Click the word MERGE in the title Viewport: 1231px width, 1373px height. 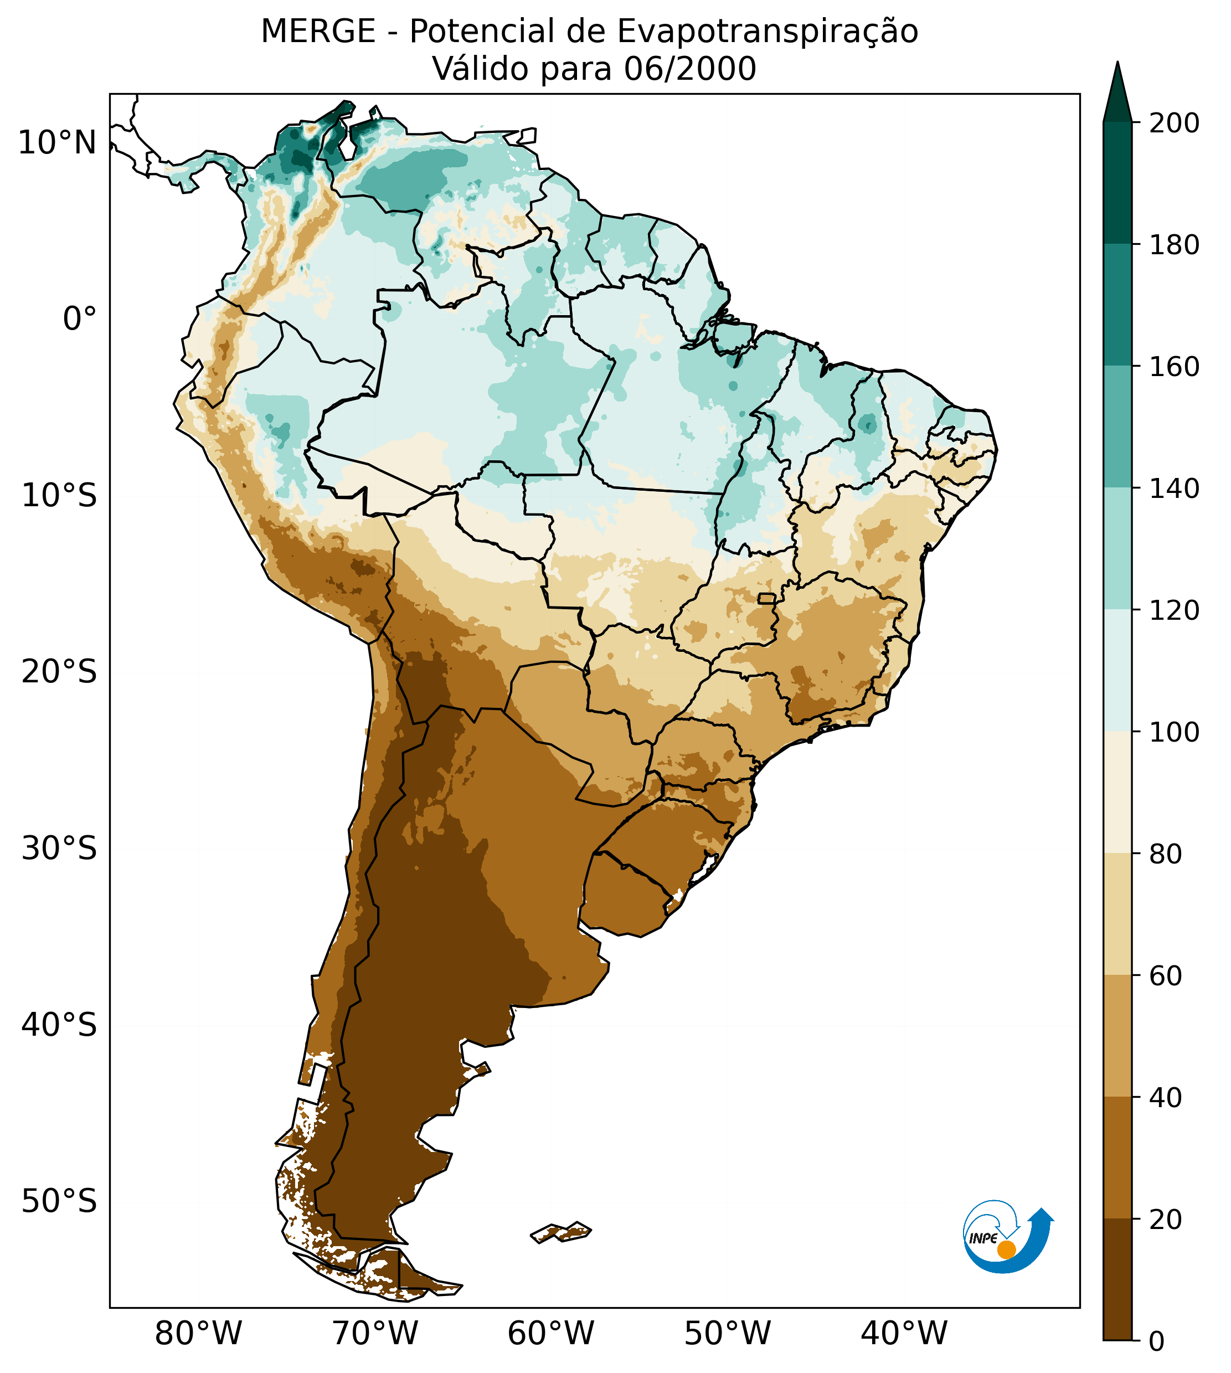[317, 32]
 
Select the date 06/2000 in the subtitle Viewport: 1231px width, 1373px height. [690, 69]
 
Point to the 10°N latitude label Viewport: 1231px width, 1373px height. [57, 143]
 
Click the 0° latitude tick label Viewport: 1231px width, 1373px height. [80, 319]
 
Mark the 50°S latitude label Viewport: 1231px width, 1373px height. [59, 1202]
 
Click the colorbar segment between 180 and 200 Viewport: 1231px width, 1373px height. [1117, 183]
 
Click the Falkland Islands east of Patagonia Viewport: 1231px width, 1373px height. [562, 1232]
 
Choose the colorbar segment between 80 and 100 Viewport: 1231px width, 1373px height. [1117, 792]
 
